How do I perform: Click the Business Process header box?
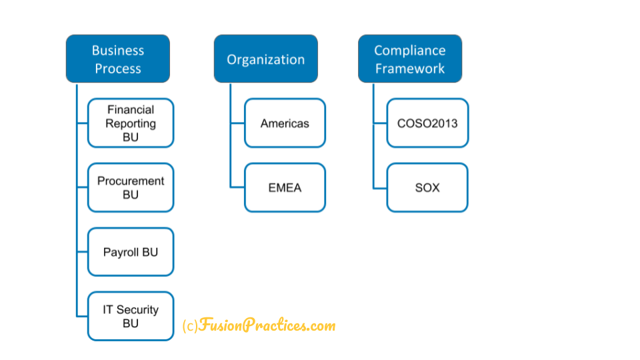[x=118, y=59]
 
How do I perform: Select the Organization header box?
[x=266, y=59]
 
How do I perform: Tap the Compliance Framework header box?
[x=410, y=59]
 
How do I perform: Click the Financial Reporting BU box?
[x=131, y=123]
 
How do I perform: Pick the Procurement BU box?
[x=131, y=187]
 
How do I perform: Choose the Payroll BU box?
[x=131, y=252]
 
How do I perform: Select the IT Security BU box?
[x=131, y=316]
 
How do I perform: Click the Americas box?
[x=285, y=123]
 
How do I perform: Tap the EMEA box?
[x=285, y=187]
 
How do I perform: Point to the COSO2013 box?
[x=427, y=123]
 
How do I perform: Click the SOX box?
[x=427, y=187]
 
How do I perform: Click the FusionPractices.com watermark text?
[x=267, y=325]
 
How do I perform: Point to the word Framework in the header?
[x=410, y=69]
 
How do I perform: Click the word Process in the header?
[x=118, y=69]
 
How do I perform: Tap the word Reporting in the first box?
[x=131, y=124]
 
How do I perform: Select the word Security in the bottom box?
[x=137, y=310]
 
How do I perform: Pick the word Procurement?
[x=131, y=181]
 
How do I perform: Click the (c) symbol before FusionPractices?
[x=190, y=326]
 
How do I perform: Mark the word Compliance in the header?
[x=410, y=51]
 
